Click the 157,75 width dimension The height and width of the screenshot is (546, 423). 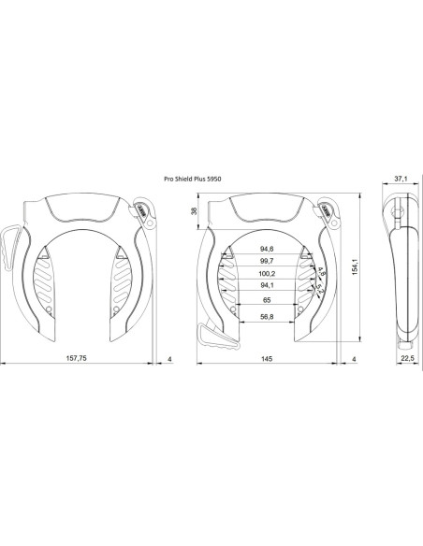click(x=78, y=359)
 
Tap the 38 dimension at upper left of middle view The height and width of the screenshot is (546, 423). click(x=195, y=211)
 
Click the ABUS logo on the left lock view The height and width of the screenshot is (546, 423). click(x=141, y=209)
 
